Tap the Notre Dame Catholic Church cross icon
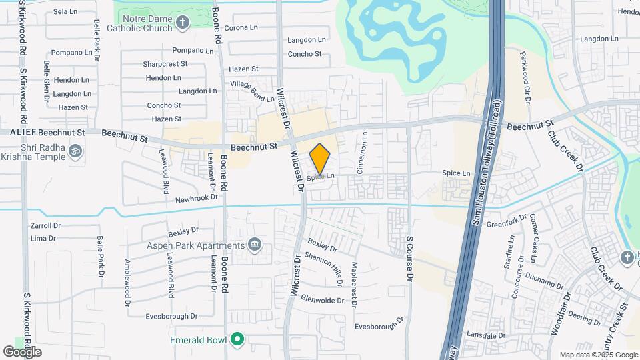[183, 23]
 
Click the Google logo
[22, 352]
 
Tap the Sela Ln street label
[65, 12]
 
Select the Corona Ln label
[241, 27]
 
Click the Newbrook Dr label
[197, 198]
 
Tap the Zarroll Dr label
[45, 225]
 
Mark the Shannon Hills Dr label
[323, 268]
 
